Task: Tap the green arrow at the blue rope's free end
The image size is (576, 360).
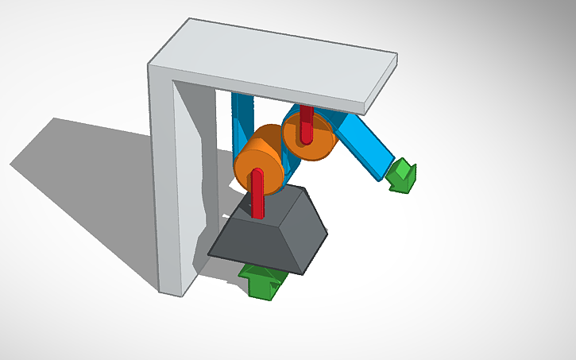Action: [401, 176]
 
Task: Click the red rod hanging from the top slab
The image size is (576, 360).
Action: [305, 124]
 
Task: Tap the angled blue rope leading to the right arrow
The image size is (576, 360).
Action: [365, 146]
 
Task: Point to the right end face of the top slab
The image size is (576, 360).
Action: [382, 84]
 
